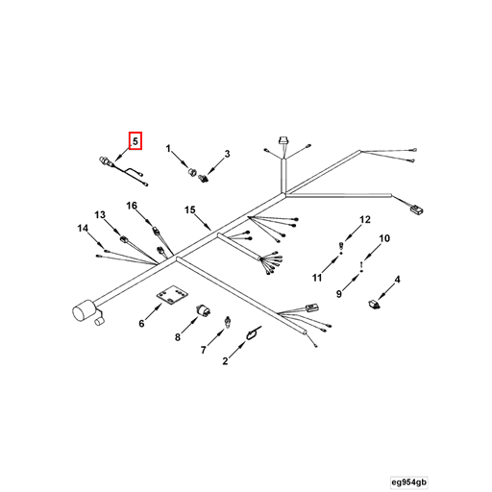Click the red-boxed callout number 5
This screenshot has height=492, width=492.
[x=135, y=141]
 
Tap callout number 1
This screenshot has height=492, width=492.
[x=168, y=149]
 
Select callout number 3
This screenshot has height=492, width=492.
[x=227, y=154]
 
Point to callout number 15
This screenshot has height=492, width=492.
[x=189, y=209]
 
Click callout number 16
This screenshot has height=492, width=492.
[x=132, y=206]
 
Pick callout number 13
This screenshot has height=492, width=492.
[x=100, y=214]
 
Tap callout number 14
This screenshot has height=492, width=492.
[x=83, y=229]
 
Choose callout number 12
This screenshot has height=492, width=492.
[x=365, y=219]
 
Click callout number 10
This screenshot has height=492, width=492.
[x=384, y=238]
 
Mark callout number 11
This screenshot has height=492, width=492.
[x=317, y=278]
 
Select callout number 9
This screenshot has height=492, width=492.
[x=339, y=293]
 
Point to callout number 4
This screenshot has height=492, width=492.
[x=397, y=280]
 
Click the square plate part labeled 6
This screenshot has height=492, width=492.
[x=172, y=295]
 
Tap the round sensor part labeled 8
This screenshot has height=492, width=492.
[x=203, y=310]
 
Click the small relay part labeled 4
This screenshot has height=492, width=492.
[x=374, y=304]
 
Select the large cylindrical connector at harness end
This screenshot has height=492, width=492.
[x=84, y=311]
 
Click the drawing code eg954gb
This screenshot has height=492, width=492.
[x=409, y=482]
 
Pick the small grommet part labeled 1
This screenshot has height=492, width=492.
[x=192, y=171]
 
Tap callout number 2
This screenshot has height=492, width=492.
[x=225, y=361]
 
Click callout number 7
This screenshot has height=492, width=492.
[x=203, y=350]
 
